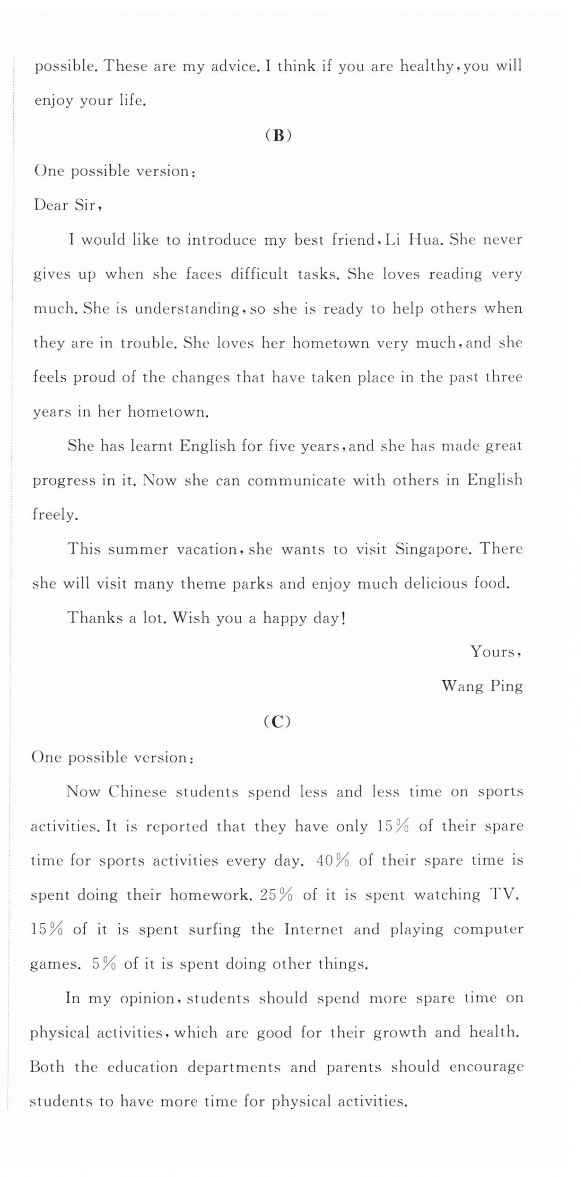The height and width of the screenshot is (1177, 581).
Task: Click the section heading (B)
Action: coord(279,135)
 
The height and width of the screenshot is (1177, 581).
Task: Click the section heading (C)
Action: coord(277,722)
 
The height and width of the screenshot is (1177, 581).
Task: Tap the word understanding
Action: coord(187,309)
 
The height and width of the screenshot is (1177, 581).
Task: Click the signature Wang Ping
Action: coord(482,686)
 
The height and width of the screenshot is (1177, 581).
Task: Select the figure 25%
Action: coord(276,895)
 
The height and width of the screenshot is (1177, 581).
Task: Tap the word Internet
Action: coord(314,930)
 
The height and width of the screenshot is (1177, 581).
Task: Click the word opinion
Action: coord(147,999)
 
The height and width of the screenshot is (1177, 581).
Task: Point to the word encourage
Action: coord(486,1067)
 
